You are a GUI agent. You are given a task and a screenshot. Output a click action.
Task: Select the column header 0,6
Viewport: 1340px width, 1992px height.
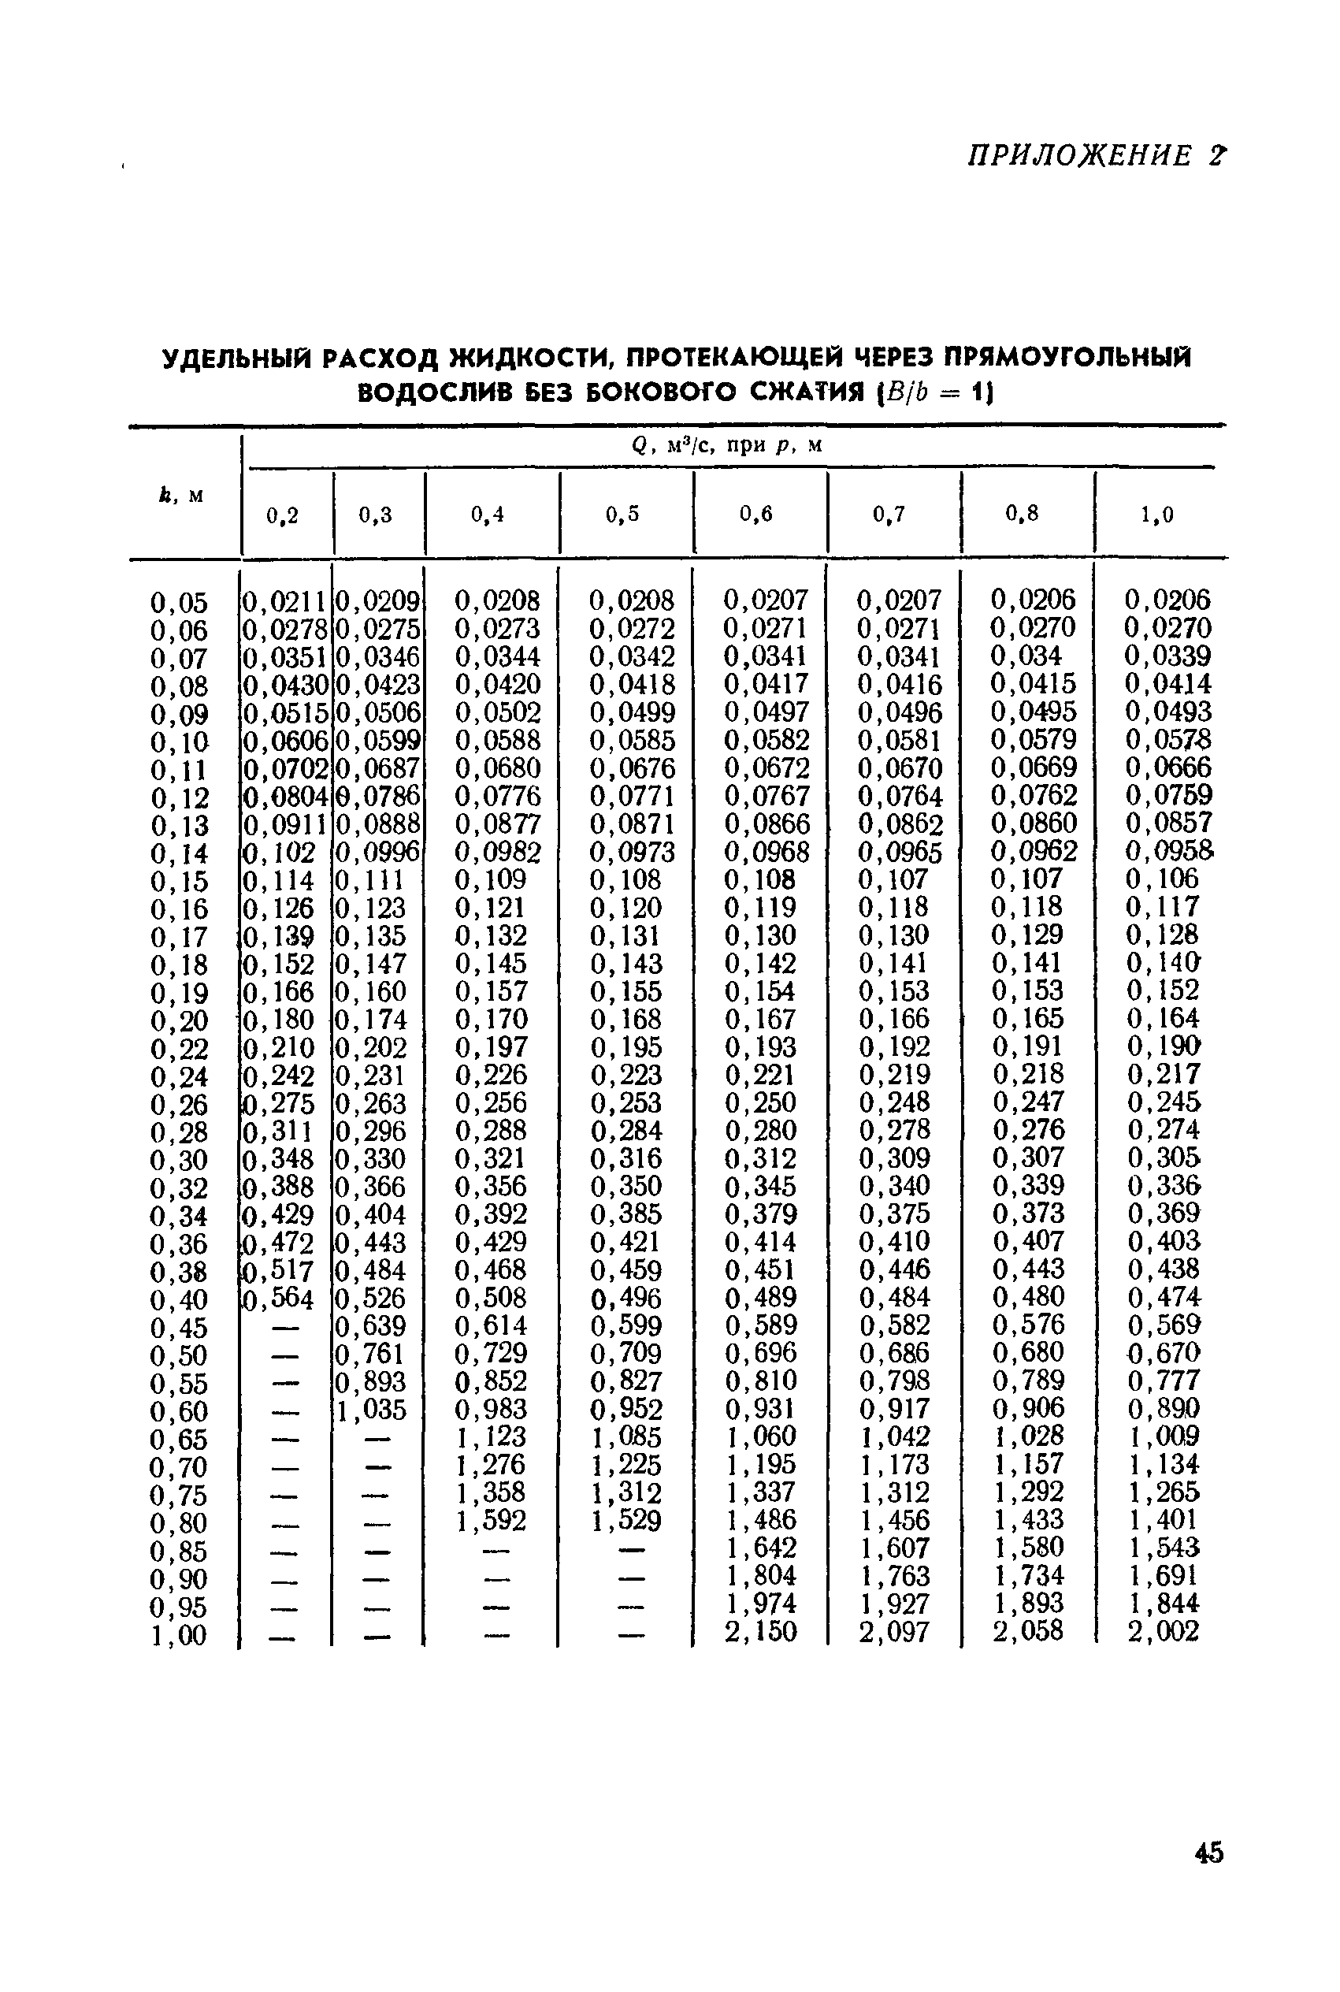tap(755, 514)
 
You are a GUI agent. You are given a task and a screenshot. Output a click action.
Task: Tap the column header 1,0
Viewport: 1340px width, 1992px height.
tap(1156, 515)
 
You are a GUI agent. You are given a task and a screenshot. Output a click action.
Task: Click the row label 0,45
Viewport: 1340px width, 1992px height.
tap(179, 1328)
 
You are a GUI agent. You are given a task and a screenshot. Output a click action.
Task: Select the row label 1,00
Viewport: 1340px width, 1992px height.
tap(179, 1636)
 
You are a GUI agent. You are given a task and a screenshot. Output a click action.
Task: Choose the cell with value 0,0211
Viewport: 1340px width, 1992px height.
tap(285, 600)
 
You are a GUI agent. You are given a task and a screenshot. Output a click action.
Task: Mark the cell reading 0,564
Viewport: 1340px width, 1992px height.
tap(279, 1299)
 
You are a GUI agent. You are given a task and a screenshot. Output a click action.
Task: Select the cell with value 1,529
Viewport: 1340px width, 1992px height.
tap(625, 1520)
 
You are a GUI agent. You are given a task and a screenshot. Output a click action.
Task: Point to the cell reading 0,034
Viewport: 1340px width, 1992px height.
tap(1026, 656)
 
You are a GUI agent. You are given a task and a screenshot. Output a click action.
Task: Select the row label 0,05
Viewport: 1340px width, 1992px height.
tap(179, 603)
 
